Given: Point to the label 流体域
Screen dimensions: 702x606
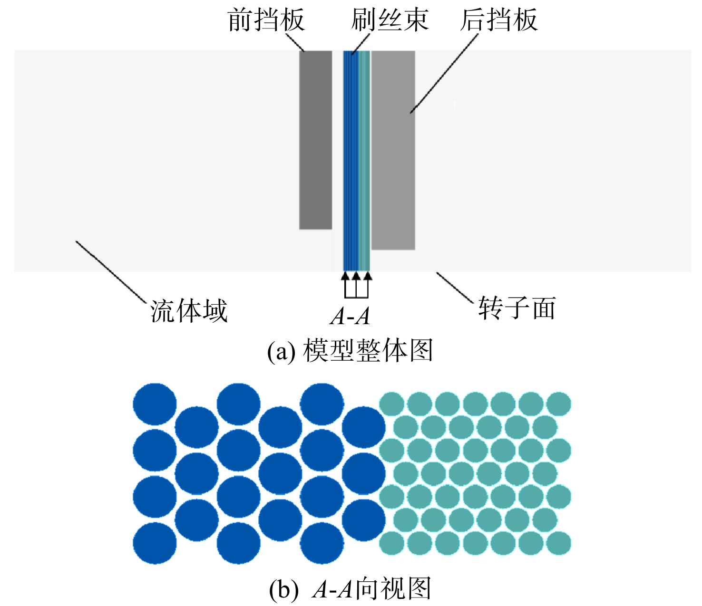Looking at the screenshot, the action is coord(189,311).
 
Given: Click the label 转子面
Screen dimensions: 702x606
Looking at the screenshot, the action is coord(517,308).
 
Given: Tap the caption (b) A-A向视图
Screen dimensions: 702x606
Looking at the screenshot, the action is coord(350,589).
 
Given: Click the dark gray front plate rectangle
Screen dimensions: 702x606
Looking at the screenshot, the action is coord(315,140).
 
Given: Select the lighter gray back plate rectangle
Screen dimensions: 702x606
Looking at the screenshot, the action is coord(393,150).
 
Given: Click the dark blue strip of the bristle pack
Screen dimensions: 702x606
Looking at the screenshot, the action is coord(351,161).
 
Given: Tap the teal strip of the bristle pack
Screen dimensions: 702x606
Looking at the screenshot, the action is coord(364,161).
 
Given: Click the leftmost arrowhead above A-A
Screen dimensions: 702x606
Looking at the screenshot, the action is coord(345,275).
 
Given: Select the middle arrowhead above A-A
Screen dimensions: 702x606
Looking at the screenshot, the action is coord(356,275).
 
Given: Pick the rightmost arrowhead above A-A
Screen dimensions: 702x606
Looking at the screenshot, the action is coord(368,275).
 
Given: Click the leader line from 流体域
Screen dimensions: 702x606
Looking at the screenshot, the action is coord(111,272).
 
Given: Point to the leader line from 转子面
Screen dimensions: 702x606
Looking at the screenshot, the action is coord(455,288).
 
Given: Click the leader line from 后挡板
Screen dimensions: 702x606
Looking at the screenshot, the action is coord(444,74).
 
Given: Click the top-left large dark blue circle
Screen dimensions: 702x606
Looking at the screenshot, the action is coord(155,404).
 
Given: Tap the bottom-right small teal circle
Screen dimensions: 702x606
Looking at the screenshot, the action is coord(559,543).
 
